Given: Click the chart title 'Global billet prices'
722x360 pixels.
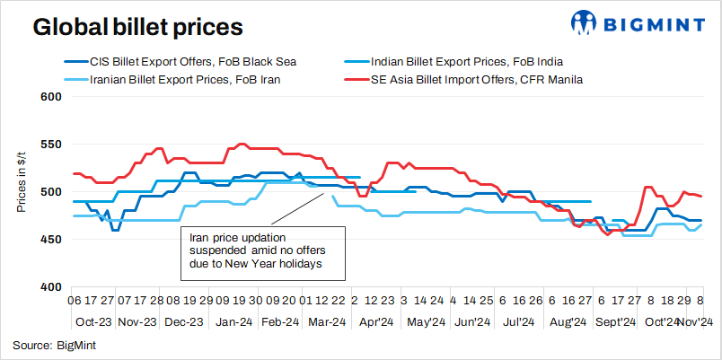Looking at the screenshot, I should point(137,27).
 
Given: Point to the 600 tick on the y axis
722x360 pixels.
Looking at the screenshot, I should point(50,97).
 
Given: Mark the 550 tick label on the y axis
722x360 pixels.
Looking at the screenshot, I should point(50,145).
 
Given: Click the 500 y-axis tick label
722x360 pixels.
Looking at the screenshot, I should point(50,192).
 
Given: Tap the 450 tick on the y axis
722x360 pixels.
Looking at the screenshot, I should point(50,240).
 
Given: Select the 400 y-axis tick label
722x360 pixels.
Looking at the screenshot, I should point(50,287).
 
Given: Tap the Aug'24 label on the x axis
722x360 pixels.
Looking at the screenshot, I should point(567,321).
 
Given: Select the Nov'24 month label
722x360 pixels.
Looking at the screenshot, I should point(694,321).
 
